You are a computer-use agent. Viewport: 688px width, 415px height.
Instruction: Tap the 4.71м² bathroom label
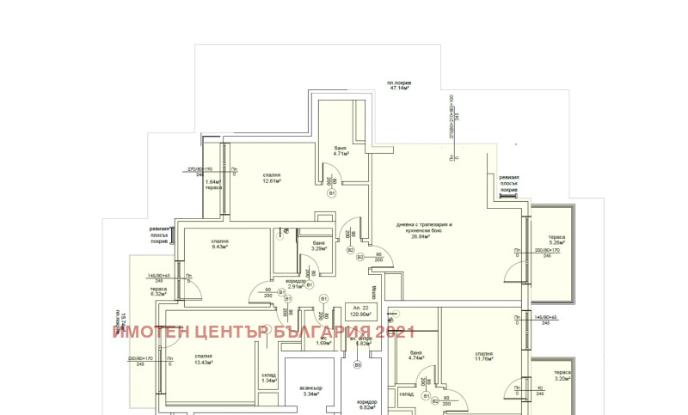341,151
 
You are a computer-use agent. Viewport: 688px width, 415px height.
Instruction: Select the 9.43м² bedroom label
220,244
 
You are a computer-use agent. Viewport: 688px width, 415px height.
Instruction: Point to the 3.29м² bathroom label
318,247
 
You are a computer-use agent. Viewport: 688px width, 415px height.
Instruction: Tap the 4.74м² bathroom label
416,356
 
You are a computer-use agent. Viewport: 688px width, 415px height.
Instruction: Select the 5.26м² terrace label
557,240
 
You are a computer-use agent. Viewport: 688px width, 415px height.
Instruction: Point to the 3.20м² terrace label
563,375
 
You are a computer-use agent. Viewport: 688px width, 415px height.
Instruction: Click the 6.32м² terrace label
157,291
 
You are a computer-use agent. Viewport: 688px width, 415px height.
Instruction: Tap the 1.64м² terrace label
213,184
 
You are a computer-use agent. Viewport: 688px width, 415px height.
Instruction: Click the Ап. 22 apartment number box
360,312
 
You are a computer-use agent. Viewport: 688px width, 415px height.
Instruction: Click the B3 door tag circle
358,365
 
